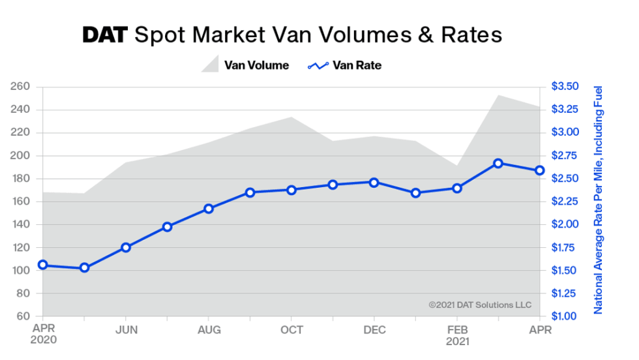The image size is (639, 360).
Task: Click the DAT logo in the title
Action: [x=106, y=35]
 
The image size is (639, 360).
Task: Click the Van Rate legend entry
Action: [x=344, y=65]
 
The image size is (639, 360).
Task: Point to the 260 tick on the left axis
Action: [x=20, y=87]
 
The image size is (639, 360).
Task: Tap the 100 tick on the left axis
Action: [x=20, y=271]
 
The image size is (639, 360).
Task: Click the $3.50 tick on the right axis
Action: [x=565, y=87]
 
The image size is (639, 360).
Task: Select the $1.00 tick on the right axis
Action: [x=565, y=316]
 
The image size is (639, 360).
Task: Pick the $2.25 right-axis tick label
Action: [x=565, y=202]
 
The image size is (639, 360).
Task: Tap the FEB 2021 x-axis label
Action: [x=456, y=335]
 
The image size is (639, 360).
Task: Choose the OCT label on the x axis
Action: [x=291, y=330]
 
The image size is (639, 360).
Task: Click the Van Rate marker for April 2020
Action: [x=43, y=265]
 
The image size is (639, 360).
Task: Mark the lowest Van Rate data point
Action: [x=84, y=268]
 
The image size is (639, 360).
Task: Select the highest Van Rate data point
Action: [x=498, y=163]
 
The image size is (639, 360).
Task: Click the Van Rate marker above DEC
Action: [x=374, y=183]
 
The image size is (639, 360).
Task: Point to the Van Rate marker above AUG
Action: [x=209, y=209]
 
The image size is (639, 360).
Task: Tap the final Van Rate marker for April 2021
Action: [x=540, y=170]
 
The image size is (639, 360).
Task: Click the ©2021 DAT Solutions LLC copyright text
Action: [x=480, y=305]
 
